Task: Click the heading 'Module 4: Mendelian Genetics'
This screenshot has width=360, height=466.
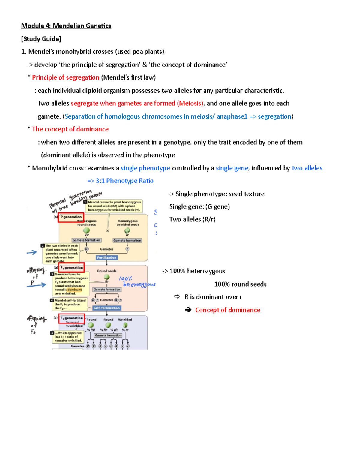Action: [x=66, y=26]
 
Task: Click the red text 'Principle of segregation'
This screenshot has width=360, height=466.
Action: [x=65, y=77]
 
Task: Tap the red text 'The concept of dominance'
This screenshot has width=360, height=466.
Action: [x=70, y=129]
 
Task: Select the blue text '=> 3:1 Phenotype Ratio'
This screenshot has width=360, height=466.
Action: [x=120, y=181]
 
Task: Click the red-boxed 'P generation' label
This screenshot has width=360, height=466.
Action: [x=71, y=217]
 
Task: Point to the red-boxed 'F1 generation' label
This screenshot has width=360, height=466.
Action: [x=72, y=268]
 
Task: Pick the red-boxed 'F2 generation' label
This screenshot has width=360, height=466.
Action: [x=72, y=318]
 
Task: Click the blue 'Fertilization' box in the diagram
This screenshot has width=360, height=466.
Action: [x=106, y=257]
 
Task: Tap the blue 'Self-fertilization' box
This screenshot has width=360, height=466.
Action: [x=106, y=308]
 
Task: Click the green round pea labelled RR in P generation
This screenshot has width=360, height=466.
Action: [x=86, y=230]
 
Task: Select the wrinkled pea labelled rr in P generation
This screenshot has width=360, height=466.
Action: [x=127, y=230]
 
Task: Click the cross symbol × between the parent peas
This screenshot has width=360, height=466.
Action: [x=107, y=231]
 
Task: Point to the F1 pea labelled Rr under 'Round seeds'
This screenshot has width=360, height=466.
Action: [x=106, y=277]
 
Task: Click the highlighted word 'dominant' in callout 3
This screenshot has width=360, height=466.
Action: [x=75, y=290]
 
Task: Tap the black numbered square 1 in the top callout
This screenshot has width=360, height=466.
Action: [x=85, y=202]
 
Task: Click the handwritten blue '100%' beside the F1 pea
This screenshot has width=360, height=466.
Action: [x=125, y=278]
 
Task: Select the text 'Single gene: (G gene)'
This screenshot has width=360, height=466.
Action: [x=199, y=207]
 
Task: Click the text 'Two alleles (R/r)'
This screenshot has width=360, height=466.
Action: [x=192, y=219]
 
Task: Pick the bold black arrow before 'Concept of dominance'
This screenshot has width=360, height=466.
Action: [x=188, y=310]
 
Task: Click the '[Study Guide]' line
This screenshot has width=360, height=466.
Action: [x=41, y=39]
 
